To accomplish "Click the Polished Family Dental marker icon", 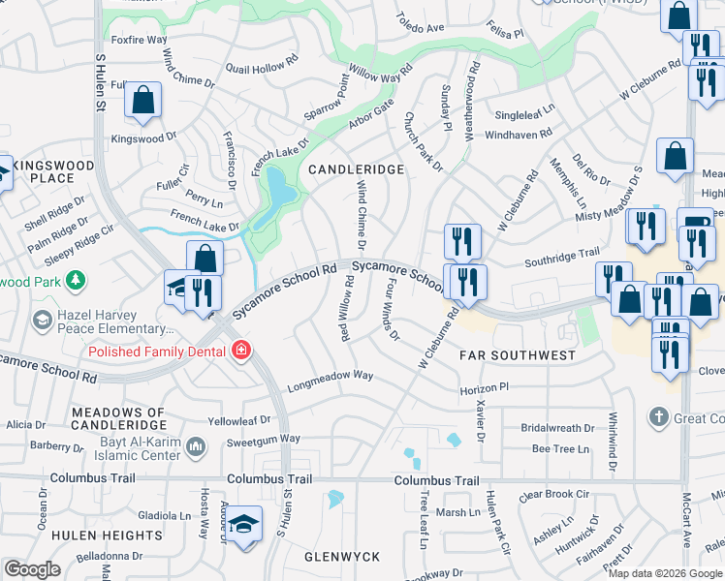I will [239, 352].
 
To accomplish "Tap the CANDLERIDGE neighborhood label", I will [356, 169].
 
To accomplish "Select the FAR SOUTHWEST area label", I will [518, 355].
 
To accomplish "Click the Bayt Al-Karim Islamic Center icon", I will [196, 445].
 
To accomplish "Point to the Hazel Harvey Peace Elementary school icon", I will [42, 319].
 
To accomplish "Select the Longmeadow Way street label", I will [330, 376].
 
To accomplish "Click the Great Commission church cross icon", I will [658, 417].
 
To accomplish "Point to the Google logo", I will [32, 569].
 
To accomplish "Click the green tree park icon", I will [74, 282].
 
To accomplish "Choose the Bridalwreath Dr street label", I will [557, 427].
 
